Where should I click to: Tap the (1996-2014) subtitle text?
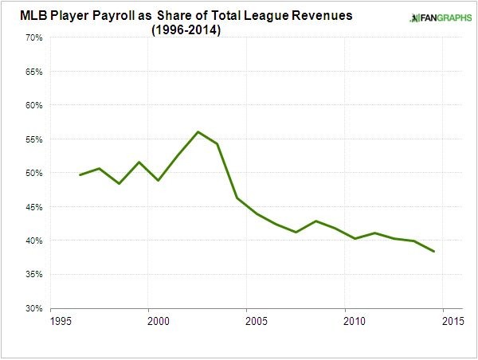pyautogui.click(x=185, y=31)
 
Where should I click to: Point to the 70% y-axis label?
pyautogui.click(x=33, y=37)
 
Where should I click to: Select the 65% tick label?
pyautogui.click(x=33, y=71)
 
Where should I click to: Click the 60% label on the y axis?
pyautogui.click(x=33, y=105)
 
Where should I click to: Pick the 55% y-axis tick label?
pyautogui.click(x=33, y=139)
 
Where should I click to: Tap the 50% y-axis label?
pyautogui.click(x=33, y=173)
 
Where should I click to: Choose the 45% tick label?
pyautogui.click(x=33, y=206)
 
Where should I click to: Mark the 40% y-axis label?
pyautogui.click(x=33, y=241)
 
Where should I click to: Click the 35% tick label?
pyautogui.click(x=33, y=274)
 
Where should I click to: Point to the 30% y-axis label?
pyautogui.click(x=33, y=308)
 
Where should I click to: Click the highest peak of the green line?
pyautogui.click(x=198, y=131)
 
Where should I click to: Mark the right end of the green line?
pyautogui.click(x=433, y=252)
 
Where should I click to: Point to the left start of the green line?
pyautogui.click(x=80, y=174)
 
